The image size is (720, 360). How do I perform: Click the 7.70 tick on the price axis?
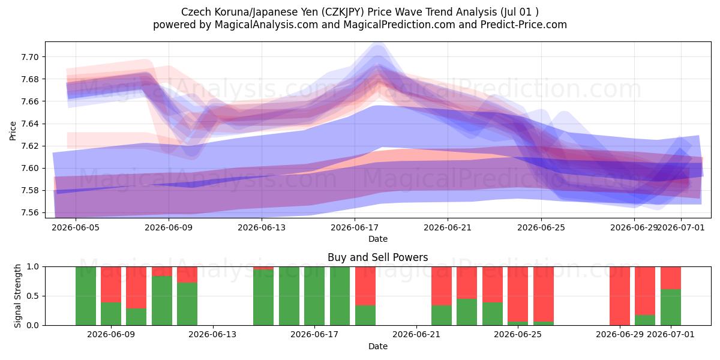pos(29,57)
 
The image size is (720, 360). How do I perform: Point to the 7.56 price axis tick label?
pos(29,213)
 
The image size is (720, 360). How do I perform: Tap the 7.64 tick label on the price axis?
pos(29,124)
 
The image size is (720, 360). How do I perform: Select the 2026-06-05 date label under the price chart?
pos(76,227)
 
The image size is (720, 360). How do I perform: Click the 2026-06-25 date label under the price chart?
pos(541,227)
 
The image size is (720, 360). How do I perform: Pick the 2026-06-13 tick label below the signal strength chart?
pos(212,334)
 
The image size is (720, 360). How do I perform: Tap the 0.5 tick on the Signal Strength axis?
pos(32,296)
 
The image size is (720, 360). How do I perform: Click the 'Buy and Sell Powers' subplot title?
pos(377,257)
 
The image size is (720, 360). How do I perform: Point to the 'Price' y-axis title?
pos(13,131)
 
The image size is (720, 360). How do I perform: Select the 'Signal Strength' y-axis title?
pos(17,296)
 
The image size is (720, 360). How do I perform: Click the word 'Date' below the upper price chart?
pos(377,239)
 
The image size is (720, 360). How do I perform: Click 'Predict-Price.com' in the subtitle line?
pos(524,25)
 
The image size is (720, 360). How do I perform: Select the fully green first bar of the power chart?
pos(86,296)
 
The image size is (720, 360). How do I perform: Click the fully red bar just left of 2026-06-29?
pos(620,296)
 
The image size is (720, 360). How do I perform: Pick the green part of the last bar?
pos(671,307)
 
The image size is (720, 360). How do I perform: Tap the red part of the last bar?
pos(671,278)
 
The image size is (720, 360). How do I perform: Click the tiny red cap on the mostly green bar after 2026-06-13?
pos(263,268)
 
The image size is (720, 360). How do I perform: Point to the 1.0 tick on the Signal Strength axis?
pos(32,267)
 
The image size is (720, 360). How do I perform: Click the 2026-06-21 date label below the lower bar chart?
pos(416,334)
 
